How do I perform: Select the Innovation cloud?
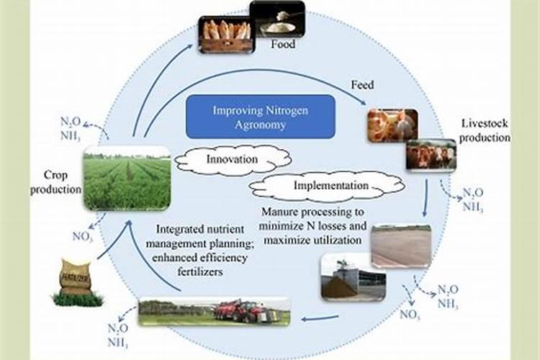coord(228,158)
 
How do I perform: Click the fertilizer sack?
coord(75,276)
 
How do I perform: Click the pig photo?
coord(392,125)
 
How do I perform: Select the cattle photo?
coord(431,154)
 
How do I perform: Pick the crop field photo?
coord(127,178)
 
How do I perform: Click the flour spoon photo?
coord(277,19)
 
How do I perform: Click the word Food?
coord(283,45)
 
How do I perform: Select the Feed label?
coord(362,85)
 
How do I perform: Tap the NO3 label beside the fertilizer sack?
coord(81,236)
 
